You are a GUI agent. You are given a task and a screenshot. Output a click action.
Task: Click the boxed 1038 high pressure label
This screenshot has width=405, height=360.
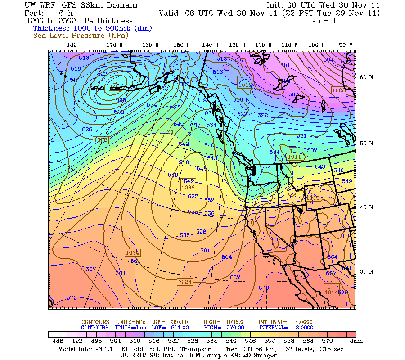[x=188, y=187]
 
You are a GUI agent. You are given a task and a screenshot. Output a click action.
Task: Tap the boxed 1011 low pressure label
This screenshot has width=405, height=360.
[x=295, y=157]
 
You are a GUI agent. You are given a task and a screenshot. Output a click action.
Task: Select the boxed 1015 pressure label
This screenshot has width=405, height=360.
[x=245, y=84]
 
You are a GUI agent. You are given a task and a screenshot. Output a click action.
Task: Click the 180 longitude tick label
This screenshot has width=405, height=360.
[x=72, y=45]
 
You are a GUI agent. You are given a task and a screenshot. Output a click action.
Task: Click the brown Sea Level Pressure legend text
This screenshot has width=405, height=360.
[x=81, y=35]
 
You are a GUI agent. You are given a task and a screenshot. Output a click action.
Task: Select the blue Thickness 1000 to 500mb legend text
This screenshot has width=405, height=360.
[x=93, y=28]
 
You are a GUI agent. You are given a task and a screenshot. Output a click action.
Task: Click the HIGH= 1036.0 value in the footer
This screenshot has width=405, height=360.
[x=231, y=322]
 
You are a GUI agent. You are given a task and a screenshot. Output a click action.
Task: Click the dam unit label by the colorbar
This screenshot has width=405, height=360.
[x=357, y=342]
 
